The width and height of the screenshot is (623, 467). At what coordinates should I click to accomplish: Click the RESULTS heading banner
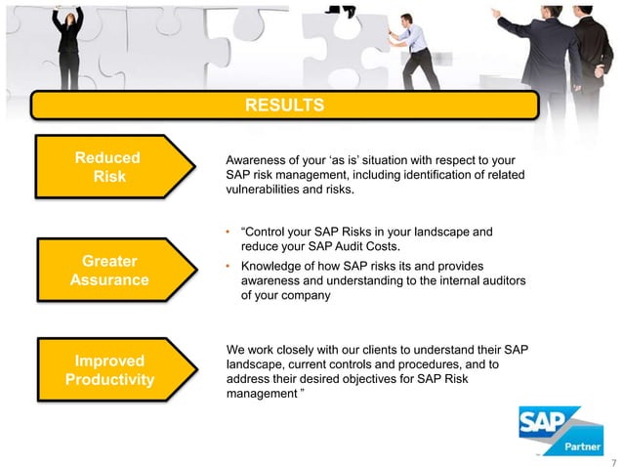pyautogui.click(x=282, y=105)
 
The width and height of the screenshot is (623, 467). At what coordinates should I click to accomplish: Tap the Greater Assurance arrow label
pyautogui.click(x=108, y=271)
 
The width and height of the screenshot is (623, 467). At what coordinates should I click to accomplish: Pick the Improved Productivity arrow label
pyautogui.click(x=108, y=369)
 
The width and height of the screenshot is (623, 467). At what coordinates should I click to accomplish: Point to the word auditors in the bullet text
pyautogui.click(x=501, y=280)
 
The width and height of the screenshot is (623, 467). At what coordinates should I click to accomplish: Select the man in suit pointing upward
pyautogui.click(x=542, y=44)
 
